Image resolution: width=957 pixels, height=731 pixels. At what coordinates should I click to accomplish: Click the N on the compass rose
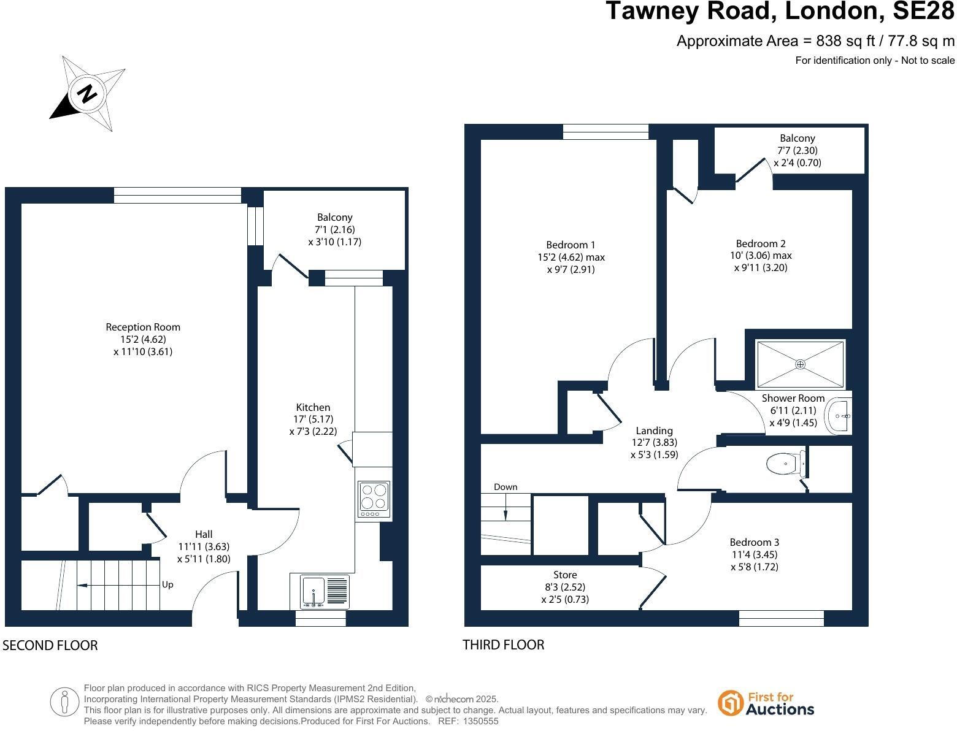(x=87, y=93)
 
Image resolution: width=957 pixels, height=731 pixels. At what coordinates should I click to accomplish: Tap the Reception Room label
(x=143, y=327)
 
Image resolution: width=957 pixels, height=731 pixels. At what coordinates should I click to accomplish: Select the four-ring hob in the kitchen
(x=374, y=500)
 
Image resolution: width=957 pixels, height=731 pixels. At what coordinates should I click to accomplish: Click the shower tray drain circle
(x=801, y=364)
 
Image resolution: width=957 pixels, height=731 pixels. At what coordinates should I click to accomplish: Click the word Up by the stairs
(x=167, y=585)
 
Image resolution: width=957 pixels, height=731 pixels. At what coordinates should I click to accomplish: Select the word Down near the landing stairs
(x=505, y=487)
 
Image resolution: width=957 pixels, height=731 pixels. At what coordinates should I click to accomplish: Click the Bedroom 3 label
(x=755, y=542)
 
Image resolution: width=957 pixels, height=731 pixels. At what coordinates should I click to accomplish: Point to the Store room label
(x=565, y=575)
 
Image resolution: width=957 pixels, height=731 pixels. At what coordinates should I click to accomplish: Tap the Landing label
(x=654, y=431)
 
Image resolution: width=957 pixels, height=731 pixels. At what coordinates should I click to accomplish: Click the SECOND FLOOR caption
(x=50, y=646)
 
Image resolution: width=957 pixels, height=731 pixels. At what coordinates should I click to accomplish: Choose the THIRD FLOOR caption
(x=503, y=645)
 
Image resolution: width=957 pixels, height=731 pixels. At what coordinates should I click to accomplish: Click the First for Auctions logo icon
(x=730, y=703)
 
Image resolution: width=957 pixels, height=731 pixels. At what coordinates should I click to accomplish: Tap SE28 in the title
(x=923, y=11)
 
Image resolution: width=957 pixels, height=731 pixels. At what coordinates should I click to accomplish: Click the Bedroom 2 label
(x=761, y=244)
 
